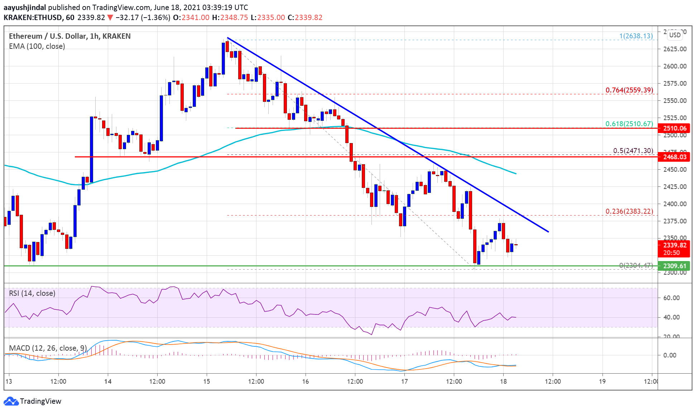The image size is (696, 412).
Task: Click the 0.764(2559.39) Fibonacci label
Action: point(629,90)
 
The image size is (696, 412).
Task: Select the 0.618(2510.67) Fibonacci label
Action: point(629,124)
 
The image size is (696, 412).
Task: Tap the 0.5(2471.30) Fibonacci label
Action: point(633,151)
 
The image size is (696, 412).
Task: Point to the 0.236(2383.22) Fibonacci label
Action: point(629,212)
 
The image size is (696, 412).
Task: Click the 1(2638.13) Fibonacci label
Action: point(636,36)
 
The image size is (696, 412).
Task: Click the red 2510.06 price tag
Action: point(675,128)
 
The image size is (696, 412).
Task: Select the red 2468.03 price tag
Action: point(675,157)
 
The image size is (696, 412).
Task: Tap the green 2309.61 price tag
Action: point(675,266)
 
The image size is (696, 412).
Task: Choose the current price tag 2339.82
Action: point(675,245)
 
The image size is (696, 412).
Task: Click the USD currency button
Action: point(675,35)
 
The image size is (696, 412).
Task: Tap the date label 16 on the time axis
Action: point(305,381)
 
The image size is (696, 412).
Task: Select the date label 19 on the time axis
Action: point(602,381)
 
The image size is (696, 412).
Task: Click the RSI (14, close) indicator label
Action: point(32,293)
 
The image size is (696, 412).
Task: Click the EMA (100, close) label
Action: point(37,46)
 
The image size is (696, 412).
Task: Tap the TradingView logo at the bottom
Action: point(33,401)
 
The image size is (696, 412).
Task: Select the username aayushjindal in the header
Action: point(25,7)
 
